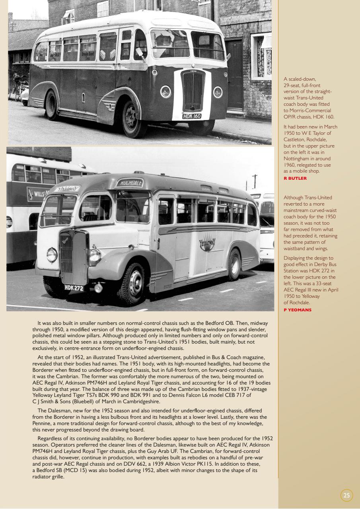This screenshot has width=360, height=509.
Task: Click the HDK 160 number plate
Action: [x=192, y=116]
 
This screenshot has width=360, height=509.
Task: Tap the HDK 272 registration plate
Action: [x=74, y=288]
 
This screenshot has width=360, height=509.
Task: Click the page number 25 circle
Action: [x=346, y=495]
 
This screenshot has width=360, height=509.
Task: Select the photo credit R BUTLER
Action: [x=295, y=179]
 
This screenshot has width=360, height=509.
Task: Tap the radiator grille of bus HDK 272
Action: [x=73, y=257]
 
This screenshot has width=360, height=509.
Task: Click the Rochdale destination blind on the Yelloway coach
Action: [x=129, y=183]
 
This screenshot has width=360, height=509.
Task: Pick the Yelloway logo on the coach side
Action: [x=207, y=242]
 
